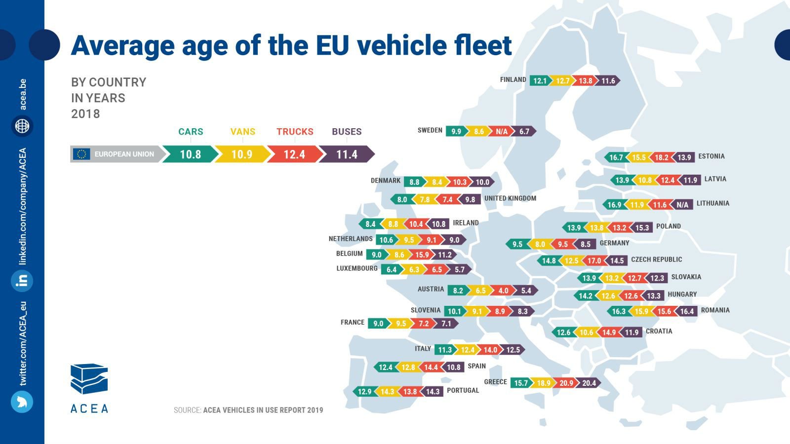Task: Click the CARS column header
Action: [x=191, y=132]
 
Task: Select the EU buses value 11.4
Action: [x=347, y=154]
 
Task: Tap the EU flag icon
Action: [x=82, y=154]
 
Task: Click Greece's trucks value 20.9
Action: [x=566, y=383]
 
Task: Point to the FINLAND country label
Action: [x=513, y=79]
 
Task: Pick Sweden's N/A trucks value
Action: [x=502, y=131]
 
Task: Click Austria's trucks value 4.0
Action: [x=503, y=291]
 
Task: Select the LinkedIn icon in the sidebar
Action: [x=22, y=281]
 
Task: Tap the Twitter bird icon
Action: [x=22, y=402]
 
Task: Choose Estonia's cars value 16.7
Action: [x=616, y=157]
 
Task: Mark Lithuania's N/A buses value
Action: [x=682, y=205]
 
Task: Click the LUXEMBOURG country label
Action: [x=357, y=268]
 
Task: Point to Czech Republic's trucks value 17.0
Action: [x=594, y=260]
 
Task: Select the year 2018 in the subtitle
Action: [x=85, y=114]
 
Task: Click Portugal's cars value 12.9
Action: [x=364, y=392]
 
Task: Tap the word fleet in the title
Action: [x=480, y=45]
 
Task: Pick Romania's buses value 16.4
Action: [x=687, y=311]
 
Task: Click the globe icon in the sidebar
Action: [x=22, y=126]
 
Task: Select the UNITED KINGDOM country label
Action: [x=510, y=198]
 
